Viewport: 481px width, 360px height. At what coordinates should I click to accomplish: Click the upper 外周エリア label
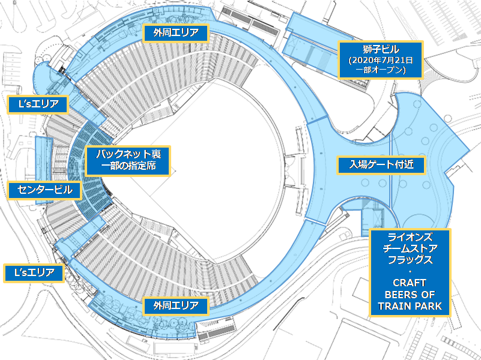176,32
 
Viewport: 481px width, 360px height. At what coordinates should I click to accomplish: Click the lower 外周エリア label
176,305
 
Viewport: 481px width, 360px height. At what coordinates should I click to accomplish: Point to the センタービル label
45,190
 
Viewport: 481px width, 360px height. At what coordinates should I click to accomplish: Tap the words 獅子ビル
381,49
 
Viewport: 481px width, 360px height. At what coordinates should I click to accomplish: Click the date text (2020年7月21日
381,60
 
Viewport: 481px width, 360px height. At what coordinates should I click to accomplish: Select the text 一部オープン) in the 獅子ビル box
381,70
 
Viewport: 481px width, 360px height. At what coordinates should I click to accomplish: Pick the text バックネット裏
128,154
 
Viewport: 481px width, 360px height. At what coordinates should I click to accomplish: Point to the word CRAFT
410,283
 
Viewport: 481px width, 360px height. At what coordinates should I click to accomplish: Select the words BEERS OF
410,295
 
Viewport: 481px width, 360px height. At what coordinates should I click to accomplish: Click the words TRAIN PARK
410,307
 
